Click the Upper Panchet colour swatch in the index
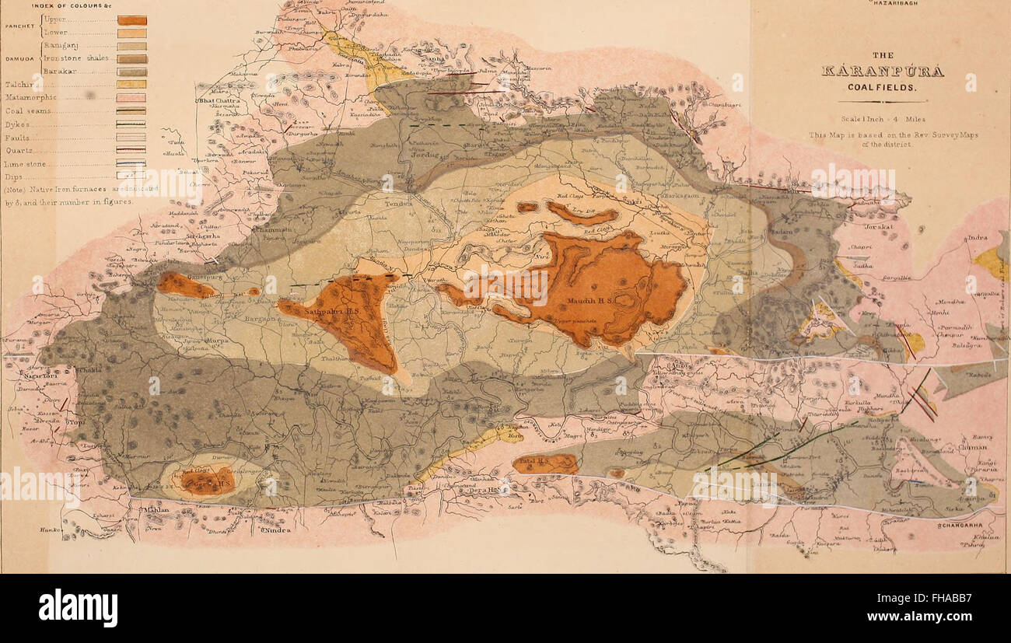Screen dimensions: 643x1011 131,20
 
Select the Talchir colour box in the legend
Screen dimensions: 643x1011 131,84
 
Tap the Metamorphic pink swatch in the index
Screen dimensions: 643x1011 131,97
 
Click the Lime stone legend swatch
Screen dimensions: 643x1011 131,163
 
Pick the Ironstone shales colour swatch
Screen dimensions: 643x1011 131,58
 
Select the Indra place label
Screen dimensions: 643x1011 977,239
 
